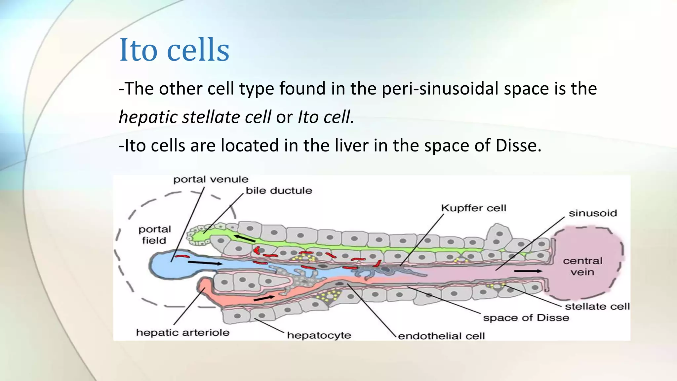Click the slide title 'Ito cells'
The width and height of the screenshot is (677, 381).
coord(174,50)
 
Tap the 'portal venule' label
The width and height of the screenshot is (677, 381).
coord(211,180)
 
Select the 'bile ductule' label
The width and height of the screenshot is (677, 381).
coord(279,190)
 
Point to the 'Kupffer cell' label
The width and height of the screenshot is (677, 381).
coord(473,208)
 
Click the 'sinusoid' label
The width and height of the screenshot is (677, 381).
coord(593,213)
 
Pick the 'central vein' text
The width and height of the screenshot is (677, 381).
coord(582,266)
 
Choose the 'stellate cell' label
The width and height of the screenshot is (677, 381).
coord(597,307)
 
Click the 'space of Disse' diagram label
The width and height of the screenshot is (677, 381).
coord(526,318)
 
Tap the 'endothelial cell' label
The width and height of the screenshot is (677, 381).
coord(441,336)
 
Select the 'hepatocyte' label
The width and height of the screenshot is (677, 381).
coord(319,335)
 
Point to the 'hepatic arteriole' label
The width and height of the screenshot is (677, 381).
coord(182,332)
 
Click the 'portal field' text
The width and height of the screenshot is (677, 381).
coord(154,235)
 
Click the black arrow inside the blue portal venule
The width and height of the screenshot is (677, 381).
coord(205,263)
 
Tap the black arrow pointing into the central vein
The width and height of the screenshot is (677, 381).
coord(528,271)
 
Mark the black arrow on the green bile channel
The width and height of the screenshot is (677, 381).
coord(245,238)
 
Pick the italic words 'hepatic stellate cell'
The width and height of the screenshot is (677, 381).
coord(195,117)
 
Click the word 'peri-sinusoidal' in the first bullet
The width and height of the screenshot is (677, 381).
coord(440,89)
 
